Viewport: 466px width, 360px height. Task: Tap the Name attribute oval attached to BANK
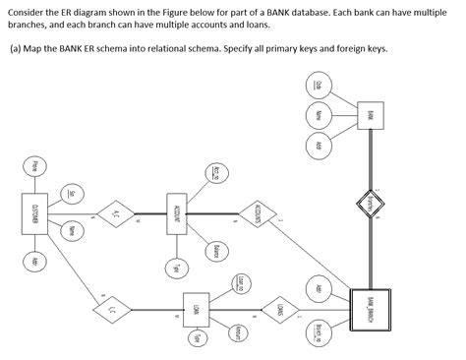319,115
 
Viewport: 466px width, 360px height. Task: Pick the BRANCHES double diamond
370,205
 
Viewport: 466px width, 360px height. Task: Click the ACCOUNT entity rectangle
178,213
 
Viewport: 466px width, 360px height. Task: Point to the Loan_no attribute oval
239,285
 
